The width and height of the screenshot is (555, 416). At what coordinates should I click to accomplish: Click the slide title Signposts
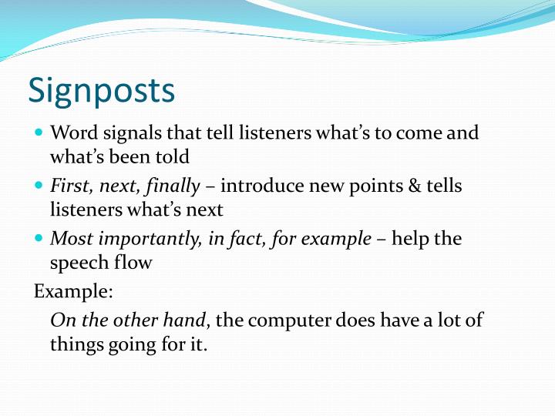[102, 91]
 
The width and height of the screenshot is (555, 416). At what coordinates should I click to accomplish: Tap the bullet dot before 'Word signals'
[39, 133]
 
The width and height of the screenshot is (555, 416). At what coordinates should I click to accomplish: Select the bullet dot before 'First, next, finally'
[39, 186]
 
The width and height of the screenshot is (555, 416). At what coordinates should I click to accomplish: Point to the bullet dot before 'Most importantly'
[39, 239]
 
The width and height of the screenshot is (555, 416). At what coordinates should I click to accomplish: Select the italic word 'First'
[68, 186]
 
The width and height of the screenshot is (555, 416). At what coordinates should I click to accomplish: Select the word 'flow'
[135, 263]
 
